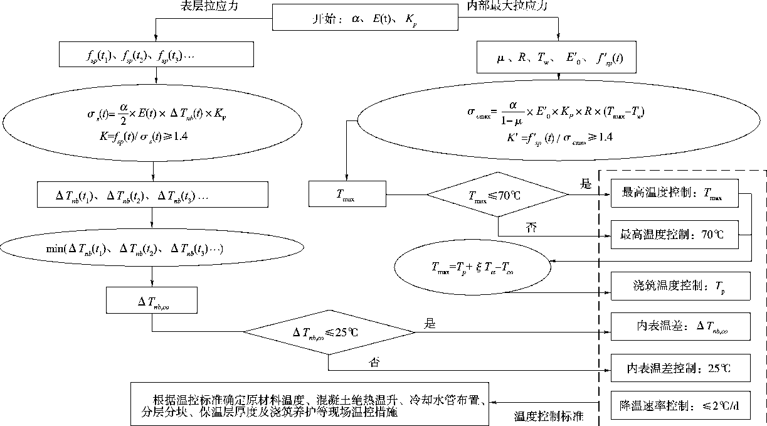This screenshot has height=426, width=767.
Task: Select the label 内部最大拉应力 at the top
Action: coord(507,6)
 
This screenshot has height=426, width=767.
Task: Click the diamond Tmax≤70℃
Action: coord(498,195)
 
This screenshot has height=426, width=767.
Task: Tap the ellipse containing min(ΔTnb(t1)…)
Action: coord(153,249)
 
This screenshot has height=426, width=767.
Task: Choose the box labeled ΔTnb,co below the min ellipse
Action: coord(153,301)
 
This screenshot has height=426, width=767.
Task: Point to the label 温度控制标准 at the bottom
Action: coord(549,417)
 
